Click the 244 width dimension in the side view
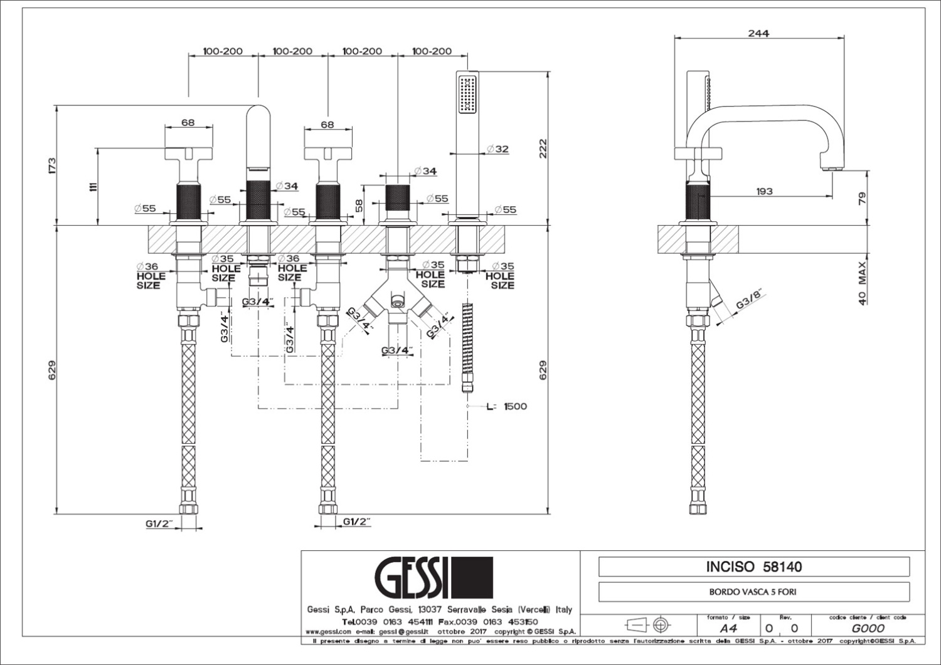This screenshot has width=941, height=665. pyautogui.click(x=758, y=33)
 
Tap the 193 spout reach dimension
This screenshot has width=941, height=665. pyautogui.click(x=764, y=191)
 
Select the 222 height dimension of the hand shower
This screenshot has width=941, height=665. pyautogui.click(x=543, y=149)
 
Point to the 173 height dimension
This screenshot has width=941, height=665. pyautogui.click(x=52, y=165)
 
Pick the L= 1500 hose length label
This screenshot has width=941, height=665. pyautogui.click(x=507, y=406)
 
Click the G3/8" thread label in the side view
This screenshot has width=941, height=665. pyautogui.click(x=752, y=303)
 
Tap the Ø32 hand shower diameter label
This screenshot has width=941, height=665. pyautogui.click(x=497, y=149)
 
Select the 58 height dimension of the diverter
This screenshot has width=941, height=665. pyautogui.click(x=359, y=206)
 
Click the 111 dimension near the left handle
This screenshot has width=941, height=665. pyautogui.click(x=93, y=186)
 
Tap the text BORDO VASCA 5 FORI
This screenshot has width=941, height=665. pyautogui.click(x=753, y=591)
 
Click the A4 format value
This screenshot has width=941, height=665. pyautogui.click(x=728, y=628)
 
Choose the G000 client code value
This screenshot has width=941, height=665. pyautogui.click(x=868, y=628)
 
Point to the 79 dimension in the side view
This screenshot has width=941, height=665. pyautogui.click(x=863, y=198)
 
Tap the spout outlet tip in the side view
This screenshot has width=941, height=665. pyautogui.click(x=832, y=168)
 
